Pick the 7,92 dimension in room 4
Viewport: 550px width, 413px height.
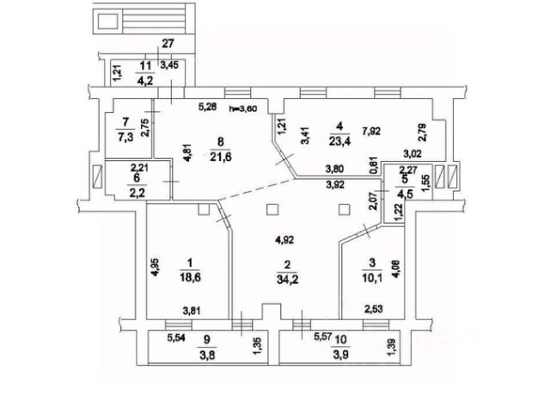coord(372,132)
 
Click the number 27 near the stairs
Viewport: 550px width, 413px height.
coord(168,45)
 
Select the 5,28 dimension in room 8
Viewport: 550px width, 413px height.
coord(208,108)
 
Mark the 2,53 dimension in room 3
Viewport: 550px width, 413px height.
coord(374,311)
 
